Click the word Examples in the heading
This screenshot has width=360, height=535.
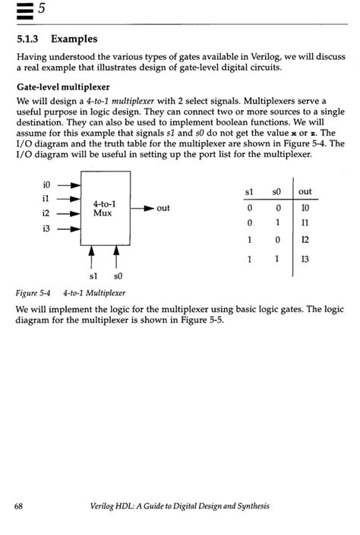[x=75, y=38]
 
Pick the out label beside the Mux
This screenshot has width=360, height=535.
[x=163, y=208]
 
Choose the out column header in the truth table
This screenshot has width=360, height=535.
[x=305, y=191]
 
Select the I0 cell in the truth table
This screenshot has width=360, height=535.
[x=305, y=207]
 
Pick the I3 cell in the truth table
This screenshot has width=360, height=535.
[x=305, y=259]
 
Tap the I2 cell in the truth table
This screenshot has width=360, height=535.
[x=305, y=241]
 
